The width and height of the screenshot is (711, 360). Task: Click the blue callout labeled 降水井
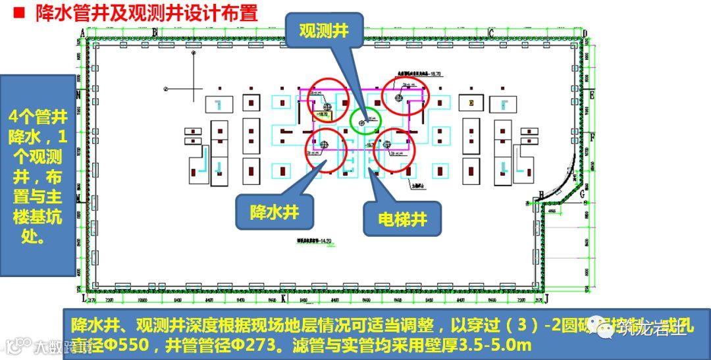273,212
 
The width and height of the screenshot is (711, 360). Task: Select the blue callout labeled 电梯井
402,219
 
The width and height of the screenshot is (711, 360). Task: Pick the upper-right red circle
406,95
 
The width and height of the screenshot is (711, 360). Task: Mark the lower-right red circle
395,150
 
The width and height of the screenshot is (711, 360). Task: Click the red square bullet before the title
19,13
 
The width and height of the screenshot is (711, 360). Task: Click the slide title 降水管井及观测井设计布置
147,13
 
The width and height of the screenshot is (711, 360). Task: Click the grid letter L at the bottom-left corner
83,298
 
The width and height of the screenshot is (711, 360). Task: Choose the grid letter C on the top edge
490,34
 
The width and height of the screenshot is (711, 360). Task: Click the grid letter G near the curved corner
582,194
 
